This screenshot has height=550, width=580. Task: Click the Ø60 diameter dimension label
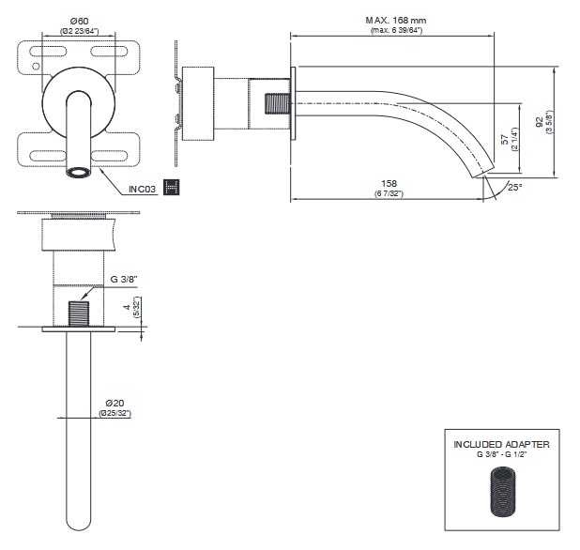click(x=79, y=21)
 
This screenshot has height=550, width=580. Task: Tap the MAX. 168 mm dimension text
click(x=396, y=21)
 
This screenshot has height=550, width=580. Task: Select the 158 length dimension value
click(x=389, y=183)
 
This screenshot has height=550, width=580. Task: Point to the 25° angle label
click(x=514, y=187)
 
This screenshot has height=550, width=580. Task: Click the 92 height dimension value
click(x=540, y=122)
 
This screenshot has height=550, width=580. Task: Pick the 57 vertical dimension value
click(x=505, y=140)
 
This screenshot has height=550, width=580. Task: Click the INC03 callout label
click(x=142, y=190)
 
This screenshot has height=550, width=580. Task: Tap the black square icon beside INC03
click(x=172, y=187)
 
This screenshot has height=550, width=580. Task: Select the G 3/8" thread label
click(x=124, y=280)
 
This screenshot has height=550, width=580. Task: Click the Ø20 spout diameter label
click(x=114, y=403)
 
